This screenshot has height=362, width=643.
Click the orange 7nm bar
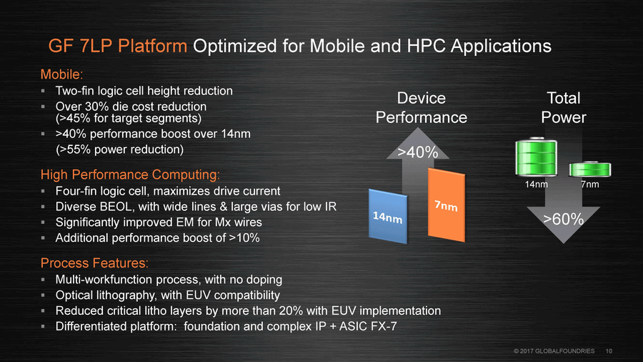point(446,205)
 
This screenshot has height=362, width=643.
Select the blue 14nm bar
point(388,216)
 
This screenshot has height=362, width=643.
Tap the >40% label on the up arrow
point(418,152)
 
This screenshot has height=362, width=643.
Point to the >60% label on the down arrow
point(563,219)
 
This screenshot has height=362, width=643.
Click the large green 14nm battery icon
point(536,157)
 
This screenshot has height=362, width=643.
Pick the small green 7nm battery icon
point(590,169)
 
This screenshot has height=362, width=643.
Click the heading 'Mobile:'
point(61,74)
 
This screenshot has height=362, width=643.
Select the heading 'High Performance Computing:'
point(130,175)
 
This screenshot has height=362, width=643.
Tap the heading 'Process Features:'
point(94,263)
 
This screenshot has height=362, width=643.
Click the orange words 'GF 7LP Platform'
point(118,46)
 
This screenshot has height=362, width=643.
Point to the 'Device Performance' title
point(421,107)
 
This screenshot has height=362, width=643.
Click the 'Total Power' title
point(564,107)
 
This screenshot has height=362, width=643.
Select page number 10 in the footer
point(609,351)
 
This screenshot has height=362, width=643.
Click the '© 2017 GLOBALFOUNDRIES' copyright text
point(554,351)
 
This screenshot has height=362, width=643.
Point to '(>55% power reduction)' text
point(120,150)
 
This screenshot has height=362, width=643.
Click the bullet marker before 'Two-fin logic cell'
point(43,91)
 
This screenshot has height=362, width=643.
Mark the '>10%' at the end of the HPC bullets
point(244,238)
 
